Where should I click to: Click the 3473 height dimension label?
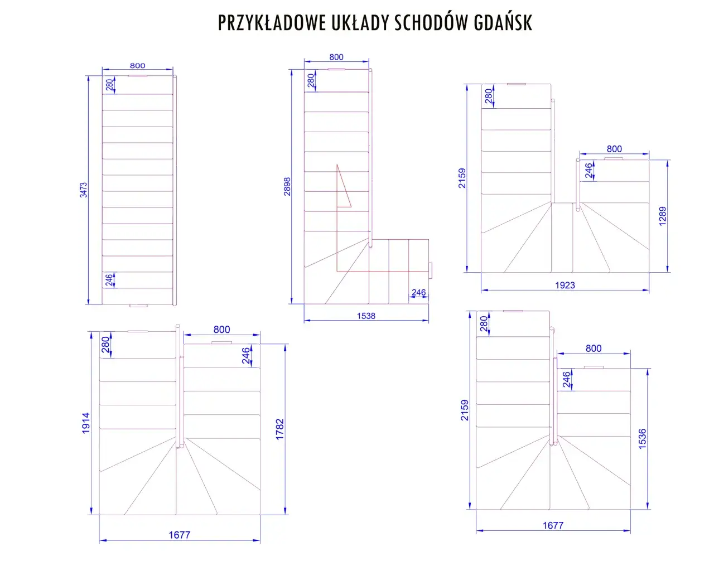[x=83, y=190]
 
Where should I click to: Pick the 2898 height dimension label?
[x=287, y=186]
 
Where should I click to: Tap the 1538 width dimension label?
[x=366, y=316]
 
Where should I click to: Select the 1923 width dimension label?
[x=565, y=285]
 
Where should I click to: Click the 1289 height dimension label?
[x=662, y=216]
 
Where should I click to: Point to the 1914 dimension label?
[x=85, y=423]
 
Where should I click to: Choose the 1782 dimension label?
[x=280, y=429]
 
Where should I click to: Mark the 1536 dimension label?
[x=643, y=439]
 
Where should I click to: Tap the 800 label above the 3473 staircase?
[x=137, y=66]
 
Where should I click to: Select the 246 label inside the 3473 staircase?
[x=109, y=280]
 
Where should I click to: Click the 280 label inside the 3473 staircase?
[x=109, y=85]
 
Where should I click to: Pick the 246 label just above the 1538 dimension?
[x=418, y=292]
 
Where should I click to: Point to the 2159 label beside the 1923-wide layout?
[x=462, y=178]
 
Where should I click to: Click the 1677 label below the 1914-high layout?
[x=180, y=535]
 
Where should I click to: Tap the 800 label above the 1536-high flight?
[x=593, y=349]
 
